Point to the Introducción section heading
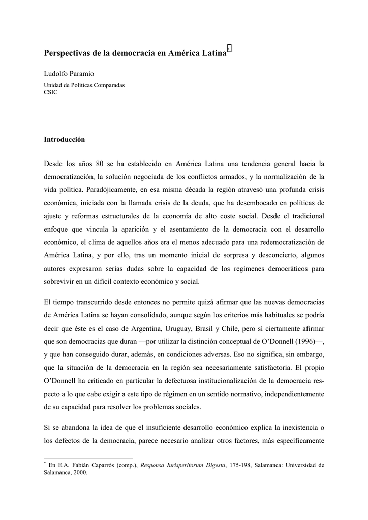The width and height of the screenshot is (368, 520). [64, 139]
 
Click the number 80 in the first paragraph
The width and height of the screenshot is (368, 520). [100, 164]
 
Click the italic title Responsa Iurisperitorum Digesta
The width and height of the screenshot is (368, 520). [182, 465]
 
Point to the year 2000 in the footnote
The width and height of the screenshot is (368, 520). [80, 472]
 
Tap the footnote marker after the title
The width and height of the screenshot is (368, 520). [230, 49]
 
